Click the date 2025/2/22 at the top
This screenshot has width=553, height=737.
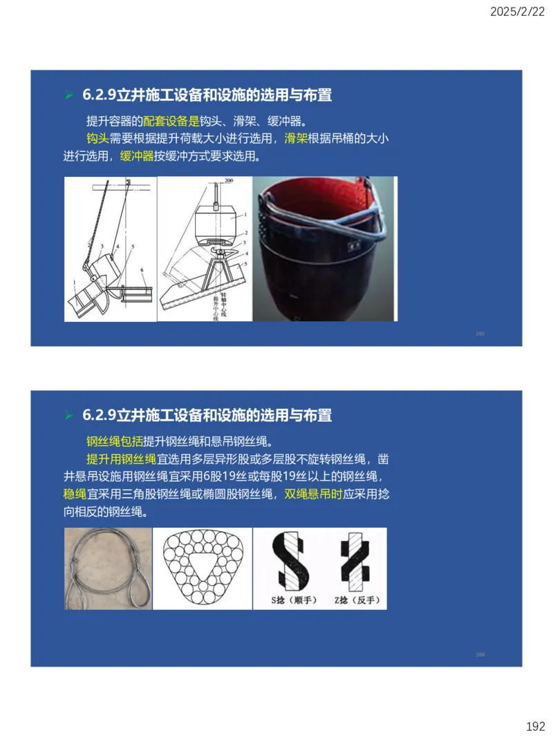point(518,12)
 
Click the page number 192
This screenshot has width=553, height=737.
point(535,726)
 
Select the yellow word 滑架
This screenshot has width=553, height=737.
point(296,138)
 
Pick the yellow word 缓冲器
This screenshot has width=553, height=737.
point(137,156)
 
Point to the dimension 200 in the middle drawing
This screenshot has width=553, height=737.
point(229,180)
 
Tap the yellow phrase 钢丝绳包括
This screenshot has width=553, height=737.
point(114,441)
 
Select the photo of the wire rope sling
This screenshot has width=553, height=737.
point(107,568)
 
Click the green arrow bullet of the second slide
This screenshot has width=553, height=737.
point(68,416)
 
